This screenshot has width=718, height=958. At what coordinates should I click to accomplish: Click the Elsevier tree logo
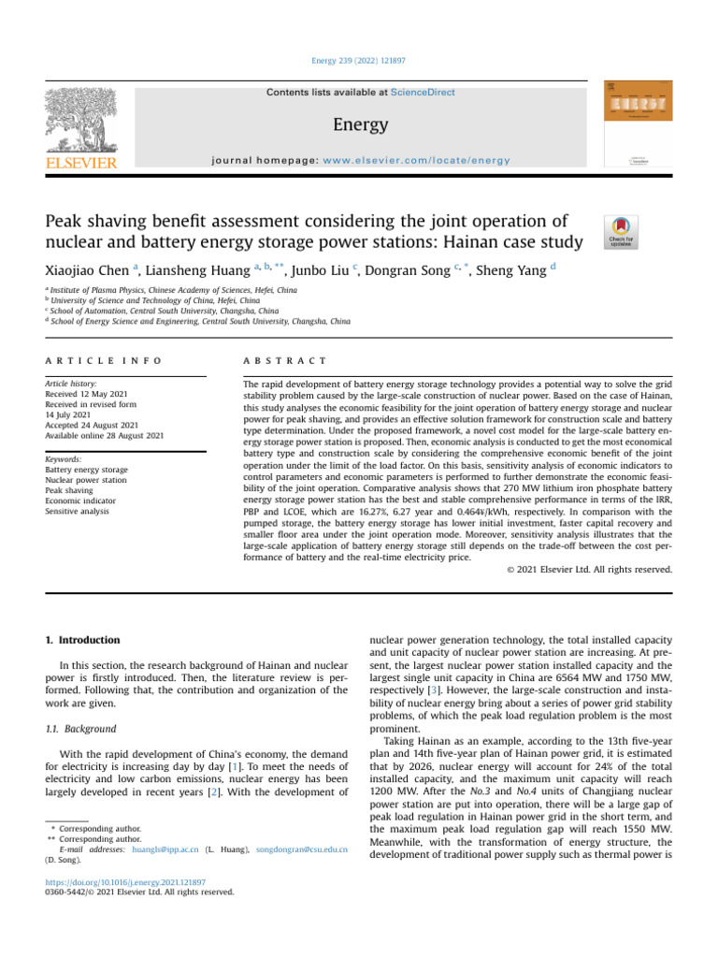79,123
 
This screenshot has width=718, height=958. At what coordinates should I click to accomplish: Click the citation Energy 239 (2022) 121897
358,61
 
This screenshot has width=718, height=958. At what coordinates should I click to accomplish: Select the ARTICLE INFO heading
104,360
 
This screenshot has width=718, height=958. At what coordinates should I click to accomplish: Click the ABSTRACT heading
284,360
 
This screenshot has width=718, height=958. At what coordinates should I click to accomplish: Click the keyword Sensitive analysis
79,512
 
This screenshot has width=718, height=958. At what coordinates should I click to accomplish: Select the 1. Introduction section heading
83,640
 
